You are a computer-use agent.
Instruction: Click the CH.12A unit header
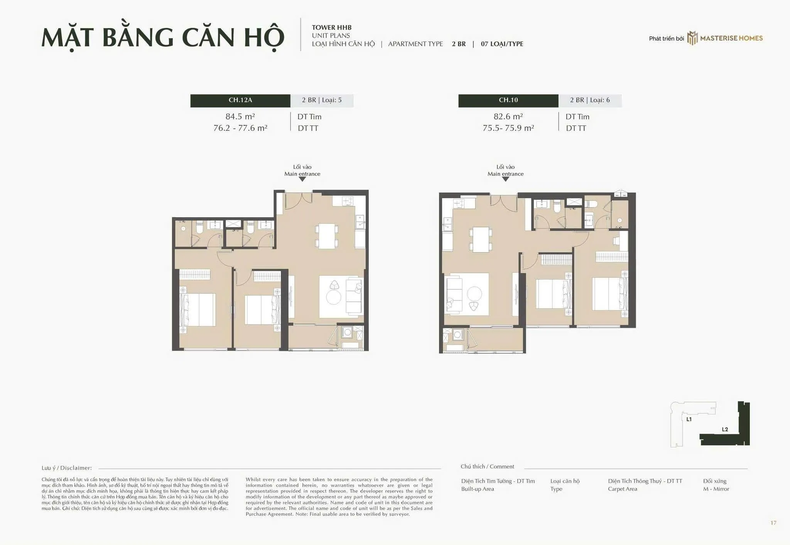(240, 100)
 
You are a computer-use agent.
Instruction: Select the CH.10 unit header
(508, 100)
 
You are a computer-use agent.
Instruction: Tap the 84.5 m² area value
(240, 116)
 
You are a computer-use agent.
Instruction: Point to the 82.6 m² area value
(508, 116)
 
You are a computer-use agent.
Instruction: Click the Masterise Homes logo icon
(692, 38)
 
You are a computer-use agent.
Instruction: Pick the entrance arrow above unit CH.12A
(302, 179)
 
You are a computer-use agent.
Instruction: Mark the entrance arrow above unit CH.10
(505, 179)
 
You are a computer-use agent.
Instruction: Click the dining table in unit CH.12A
(327, 236)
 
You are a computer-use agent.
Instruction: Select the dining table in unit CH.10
(481, 240)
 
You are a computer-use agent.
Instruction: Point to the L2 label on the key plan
(725, 429)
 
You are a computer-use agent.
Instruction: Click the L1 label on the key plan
(689, 419)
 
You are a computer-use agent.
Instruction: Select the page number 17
(773, 523)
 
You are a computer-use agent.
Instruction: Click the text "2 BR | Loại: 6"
(590, 100)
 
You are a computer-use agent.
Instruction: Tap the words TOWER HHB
(332, 27)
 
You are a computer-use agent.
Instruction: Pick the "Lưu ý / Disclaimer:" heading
(67, 468)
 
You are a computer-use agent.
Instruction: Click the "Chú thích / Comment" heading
(487, 467)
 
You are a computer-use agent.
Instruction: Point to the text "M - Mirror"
(716, 489)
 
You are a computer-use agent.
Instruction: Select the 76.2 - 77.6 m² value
(240, 128)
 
